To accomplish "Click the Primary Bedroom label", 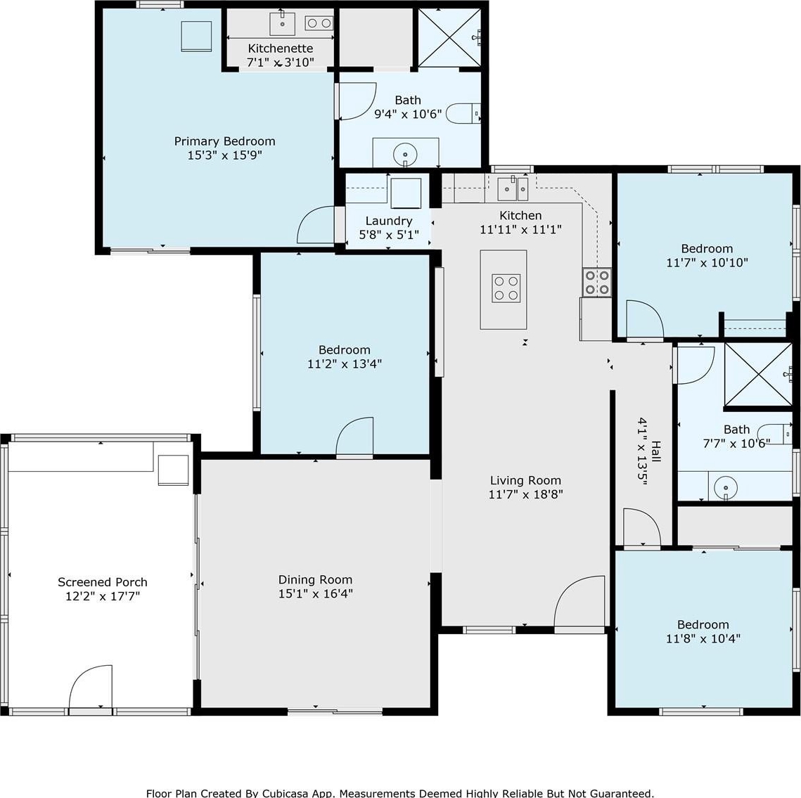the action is (x=225, y=141).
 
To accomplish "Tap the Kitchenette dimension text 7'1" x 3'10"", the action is (x=281, y=63).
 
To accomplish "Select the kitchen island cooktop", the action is (x=506, y=288).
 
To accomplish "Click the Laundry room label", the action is (x=389, y=221).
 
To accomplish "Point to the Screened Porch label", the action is (x=103, y=582).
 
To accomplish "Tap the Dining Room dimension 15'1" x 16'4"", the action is (x=315, y=593).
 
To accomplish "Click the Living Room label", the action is (x=525, y=480).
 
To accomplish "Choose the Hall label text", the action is (x=656, y=451).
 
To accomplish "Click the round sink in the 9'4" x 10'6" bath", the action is (x=405, y=153).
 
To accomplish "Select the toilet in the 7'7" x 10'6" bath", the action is (x=774, y=434).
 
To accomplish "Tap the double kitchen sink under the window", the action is (x=513, y=189).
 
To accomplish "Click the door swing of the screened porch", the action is (x=91, y=687).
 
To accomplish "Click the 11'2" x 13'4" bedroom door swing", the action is (x=354, y=436).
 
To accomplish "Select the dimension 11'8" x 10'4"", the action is (x=703, y=638).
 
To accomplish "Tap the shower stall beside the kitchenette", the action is (x=449, y=37).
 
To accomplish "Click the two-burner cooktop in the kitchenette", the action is (x=319, y=23).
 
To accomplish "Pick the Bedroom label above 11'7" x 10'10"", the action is (x=707, y=249).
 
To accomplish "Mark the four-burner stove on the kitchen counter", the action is (x=597, y=282).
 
